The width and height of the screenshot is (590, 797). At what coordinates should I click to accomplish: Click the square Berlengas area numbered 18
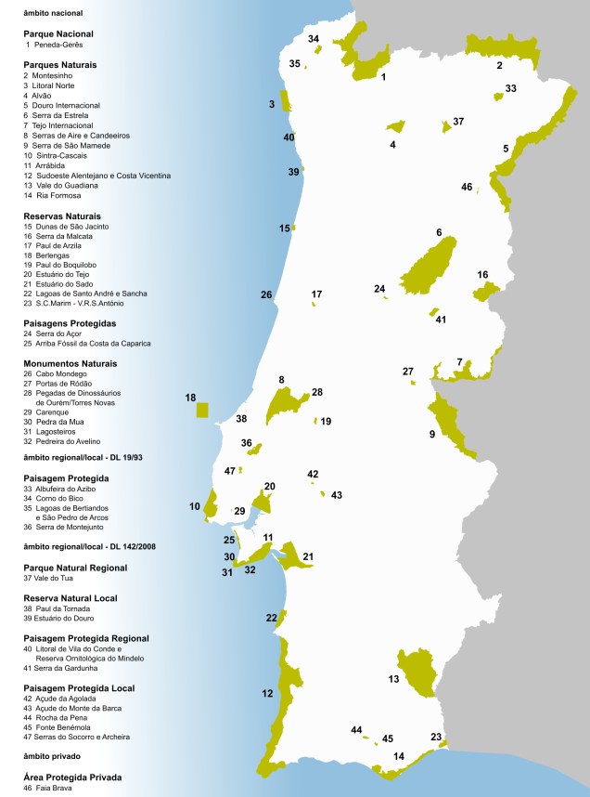(202, 411)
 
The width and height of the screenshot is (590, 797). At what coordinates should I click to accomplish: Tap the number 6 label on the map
(439, 232)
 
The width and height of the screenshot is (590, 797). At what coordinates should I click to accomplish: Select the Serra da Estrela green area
(427, 270)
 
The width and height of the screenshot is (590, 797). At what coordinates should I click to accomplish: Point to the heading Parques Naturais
(60, 65)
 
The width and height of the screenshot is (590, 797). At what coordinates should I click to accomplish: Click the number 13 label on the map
(393, 680)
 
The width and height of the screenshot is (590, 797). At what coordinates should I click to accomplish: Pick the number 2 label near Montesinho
(499, 65)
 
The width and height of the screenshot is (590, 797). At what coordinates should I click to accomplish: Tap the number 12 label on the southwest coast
(267, 693)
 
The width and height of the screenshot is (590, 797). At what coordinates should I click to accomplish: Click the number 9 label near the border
(432, 434)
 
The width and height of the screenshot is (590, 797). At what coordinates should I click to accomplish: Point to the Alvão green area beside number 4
(397, 125)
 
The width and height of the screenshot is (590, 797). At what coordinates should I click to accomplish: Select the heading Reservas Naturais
(62, 216)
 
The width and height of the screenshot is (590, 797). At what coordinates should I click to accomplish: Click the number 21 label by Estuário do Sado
(308, 556)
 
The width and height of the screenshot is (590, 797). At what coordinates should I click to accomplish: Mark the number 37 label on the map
(457, 122)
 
